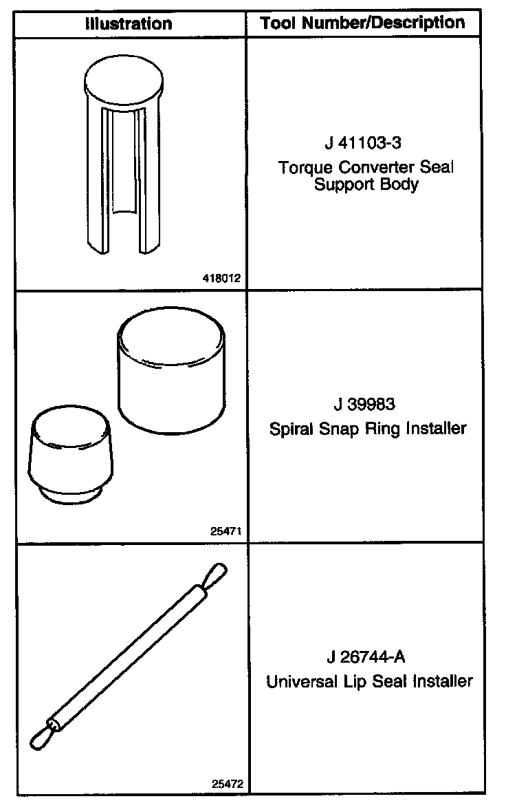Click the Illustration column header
129,24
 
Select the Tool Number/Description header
362,23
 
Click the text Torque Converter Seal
366,167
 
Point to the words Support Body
366,184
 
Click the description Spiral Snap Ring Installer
367,429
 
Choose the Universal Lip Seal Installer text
369,682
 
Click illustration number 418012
223,279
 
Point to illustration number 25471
227,531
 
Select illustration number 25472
227,784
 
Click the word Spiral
289,429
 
